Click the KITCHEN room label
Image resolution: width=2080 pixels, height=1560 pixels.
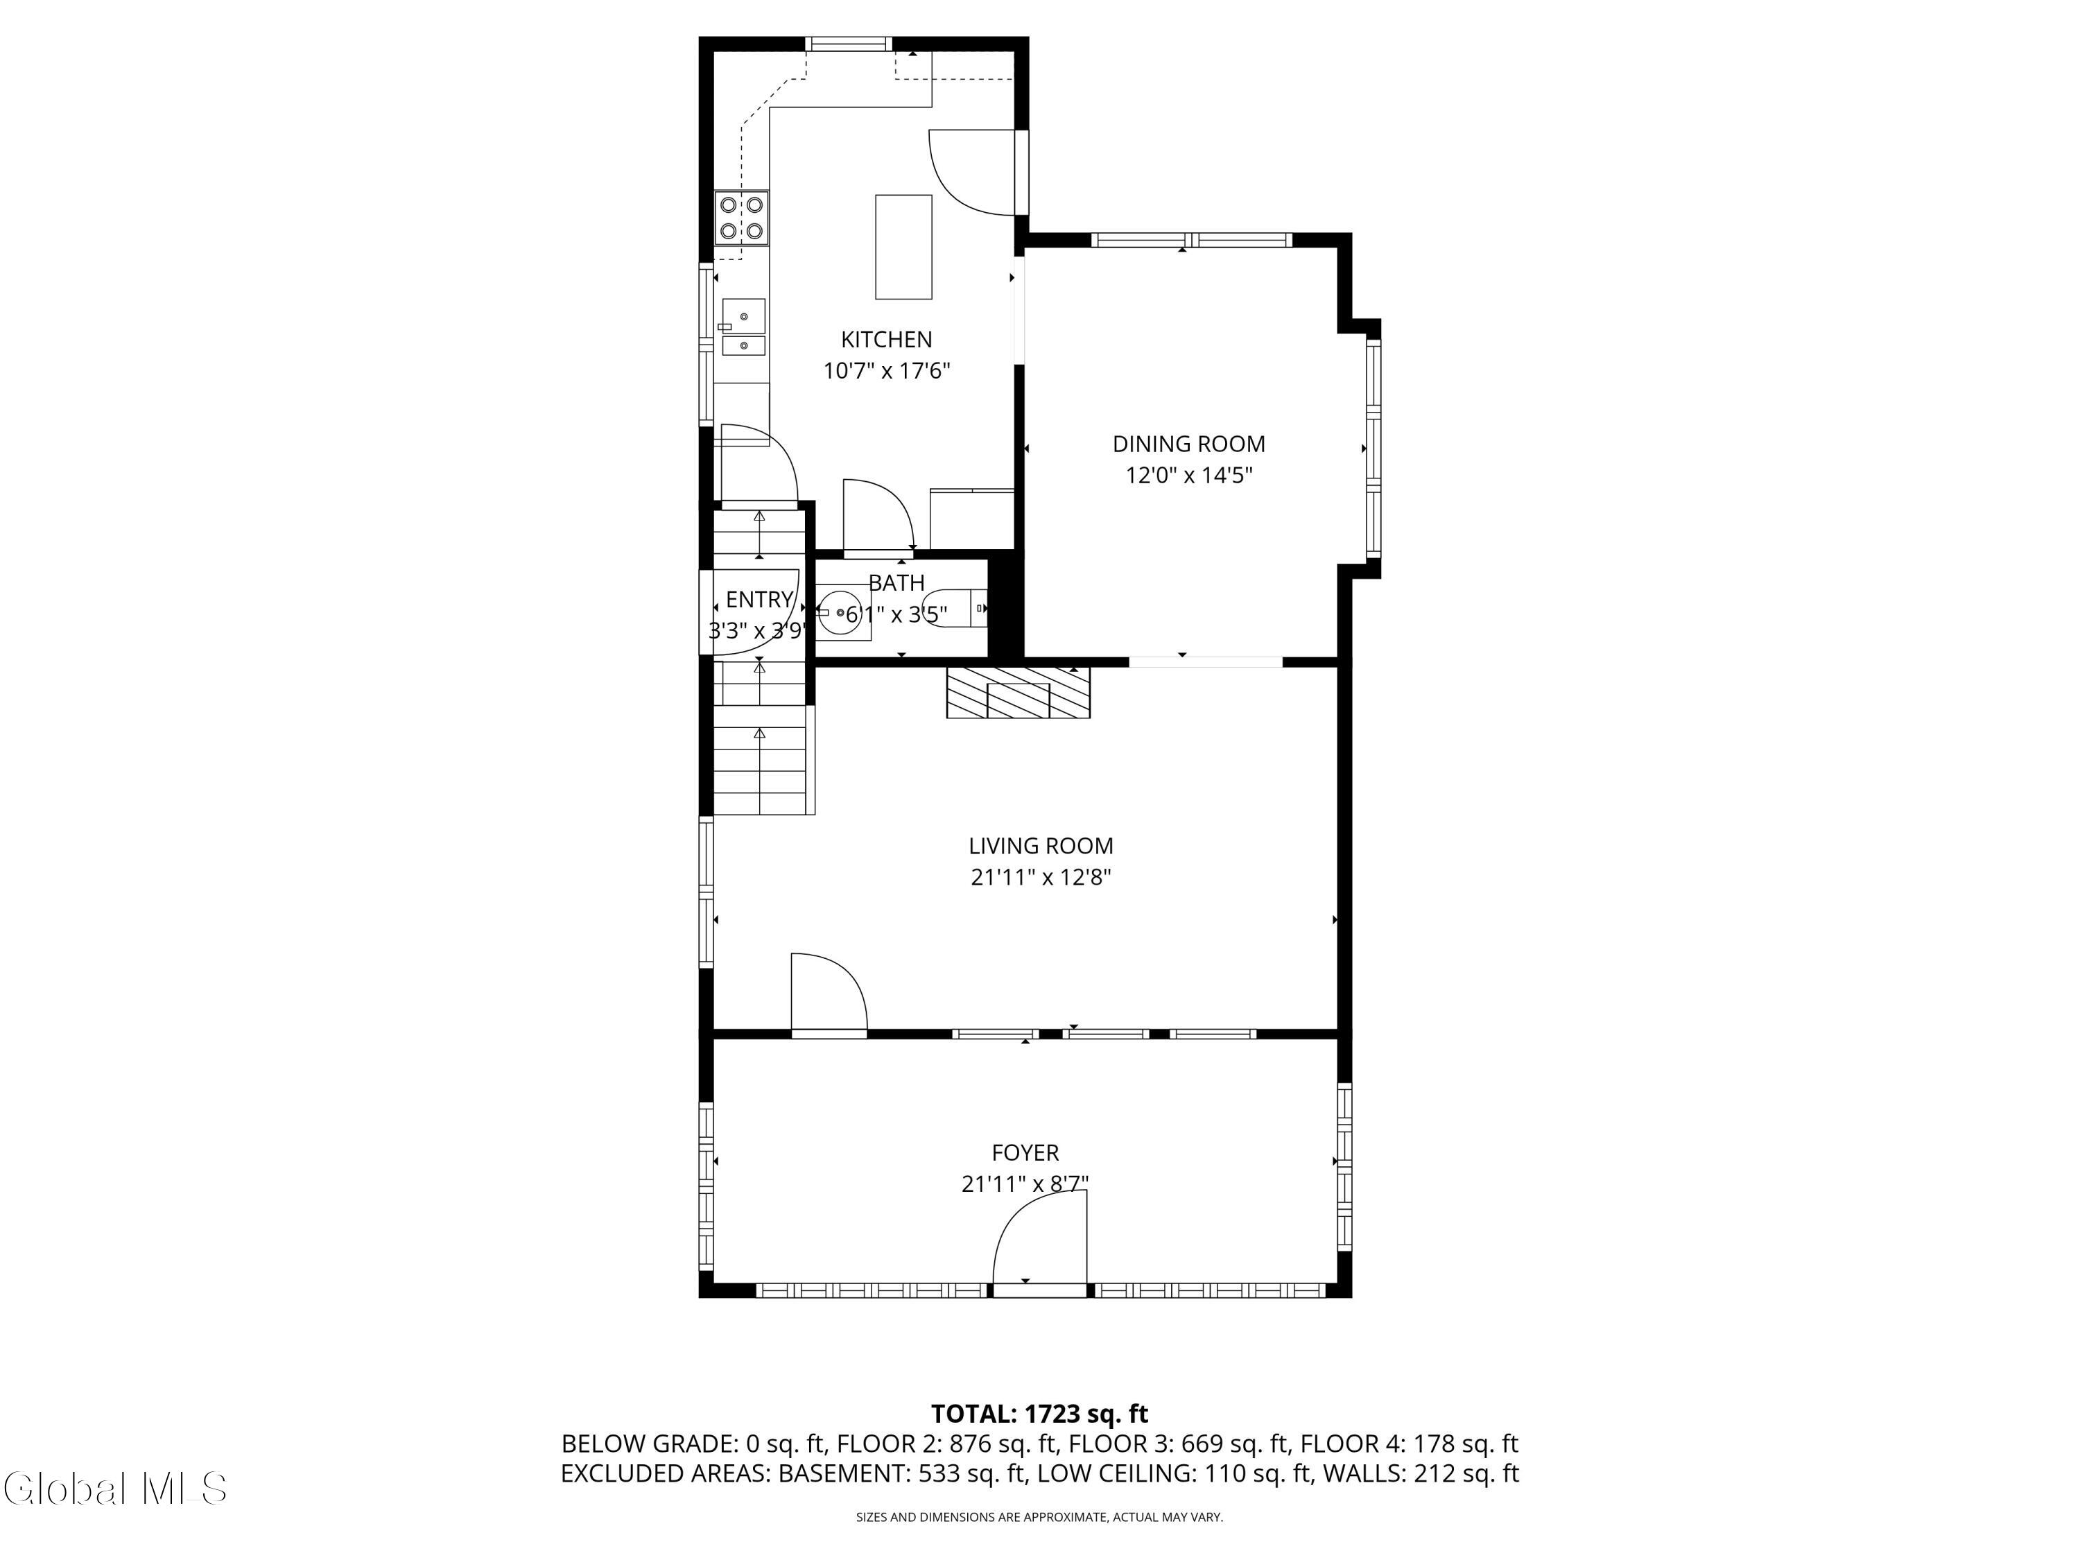pyautogui.click(x=886, y=340)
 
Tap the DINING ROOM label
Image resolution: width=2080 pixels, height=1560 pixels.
pyautogui.click(x=1188, y=444)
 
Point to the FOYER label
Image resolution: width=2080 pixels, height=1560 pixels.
pyautogui.click(x=1025, y=1153)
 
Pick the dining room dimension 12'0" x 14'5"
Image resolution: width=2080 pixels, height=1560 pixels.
pyautogui.click(x=1188, y=476)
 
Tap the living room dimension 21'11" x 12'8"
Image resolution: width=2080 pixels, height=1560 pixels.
pyautogui.click(x=1041, y=877)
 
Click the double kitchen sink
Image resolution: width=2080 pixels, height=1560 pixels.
pyautogui.click(x=743, y=327)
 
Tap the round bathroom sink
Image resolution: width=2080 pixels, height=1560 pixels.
pyautogui.click(x=840, y=612)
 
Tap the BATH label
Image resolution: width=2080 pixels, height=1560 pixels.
pyautogui.click(x=896, y=583)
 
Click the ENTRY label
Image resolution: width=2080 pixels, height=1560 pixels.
pyautogui.click(x=759, y=600)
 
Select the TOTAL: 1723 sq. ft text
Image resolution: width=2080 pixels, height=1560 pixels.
pyautogui.click(x=1040, y=1414)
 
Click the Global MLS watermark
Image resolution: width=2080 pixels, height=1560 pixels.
pyautogui.click(x=114, y=1489)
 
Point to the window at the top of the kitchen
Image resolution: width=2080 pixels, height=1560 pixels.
pyautogui.click(x=848, y=43)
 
